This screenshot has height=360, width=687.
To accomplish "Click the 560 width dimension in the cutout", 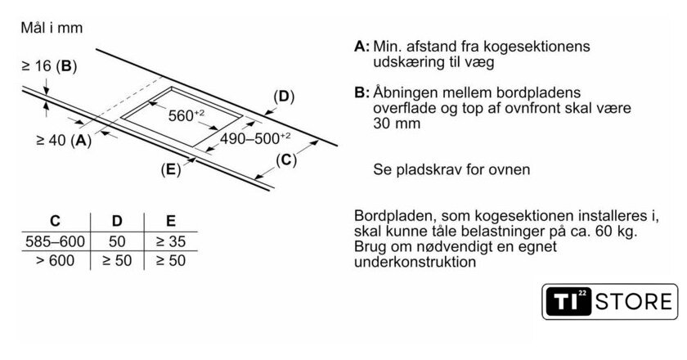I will tap(186, 115).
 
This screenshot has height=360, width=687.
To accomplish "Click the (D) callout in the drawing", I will tap(282, 97).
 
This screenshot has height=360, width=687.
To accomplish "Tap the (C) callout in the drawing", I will tap(285, 160).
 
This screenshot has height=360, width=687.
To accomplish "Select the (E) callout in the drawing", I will tap(170, 169).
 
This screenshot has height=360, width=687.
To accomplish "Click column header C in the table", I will tap(54, 221).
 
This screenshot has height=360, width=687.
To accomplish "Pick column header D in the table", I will tap(116, 221).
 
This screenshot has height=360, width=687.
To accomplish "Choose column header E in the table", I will tap(170, 221).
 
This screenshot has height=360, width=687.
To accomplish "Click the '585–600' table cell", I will tap(55, 241).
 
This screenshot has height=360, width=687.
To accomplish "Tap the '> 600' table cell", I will tap(55, 261).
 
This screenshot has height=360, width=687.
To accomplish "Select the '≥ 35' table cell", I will tap(170, 241).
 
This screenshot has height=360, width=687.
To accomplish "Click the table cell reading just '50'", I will tap(116, 241).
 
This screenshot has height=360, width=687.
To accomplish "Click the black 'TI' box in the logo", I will tap(567, 302).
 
